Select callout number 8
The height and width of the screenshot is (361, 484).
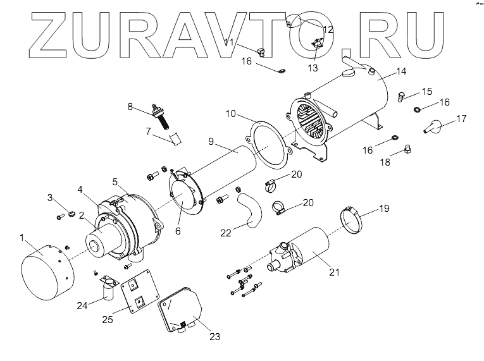[x=130, y=107]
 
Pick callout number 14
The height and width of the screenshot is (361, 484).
[x=401, y=71]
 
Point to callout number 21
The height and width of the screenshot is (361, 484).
[x=335, y=272]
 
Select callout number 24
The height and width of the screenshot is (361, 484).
[x=80, y=305]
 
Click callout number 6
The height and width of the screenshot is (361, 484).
[x=178, y=231]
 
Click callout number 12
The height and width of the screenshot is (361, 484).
[x=328, y=29]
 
